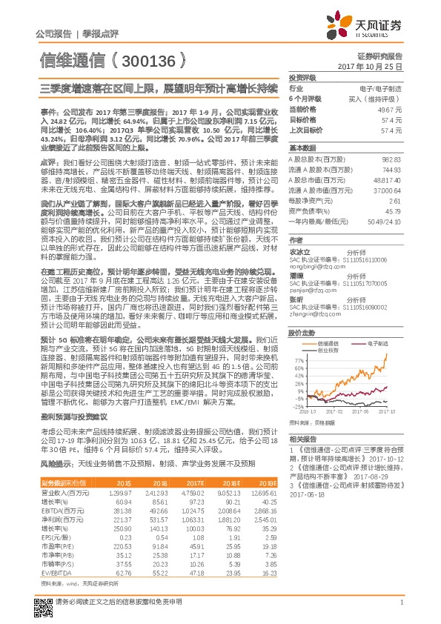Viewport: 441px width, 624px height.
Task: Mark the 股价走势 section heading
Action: (x=301, y=333)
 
